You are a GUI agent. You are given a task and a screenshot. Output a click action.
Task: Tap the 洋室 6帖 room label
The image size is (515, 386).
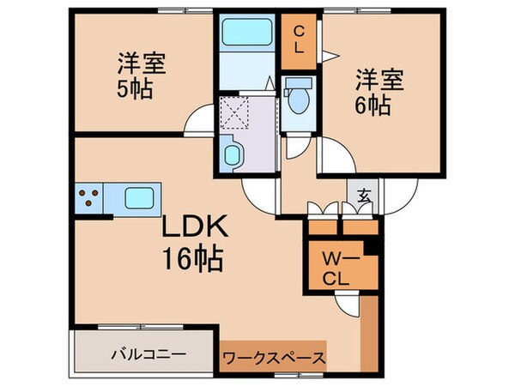(374, 92)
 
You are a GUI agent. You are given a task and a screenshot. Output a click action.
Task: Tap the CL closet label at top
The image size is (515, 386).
(299, 39)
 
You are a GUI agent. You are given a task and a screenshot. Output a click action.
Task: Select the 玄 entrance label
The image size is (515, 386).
(365, 196)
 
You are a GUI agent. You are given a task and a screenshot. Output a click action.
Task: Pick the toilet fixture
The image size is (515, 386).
(300, 98)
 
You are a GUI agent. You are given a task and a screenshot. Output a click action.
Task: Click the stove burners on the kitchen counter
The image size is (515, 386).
(89, 199)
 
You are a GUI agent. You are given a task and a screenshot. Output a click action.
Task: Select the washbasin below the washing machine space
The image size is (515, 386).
(232, 155)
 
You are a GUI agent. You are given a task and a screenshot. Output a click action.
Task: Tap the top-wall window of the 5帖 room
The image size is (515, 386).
(185, 11)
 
